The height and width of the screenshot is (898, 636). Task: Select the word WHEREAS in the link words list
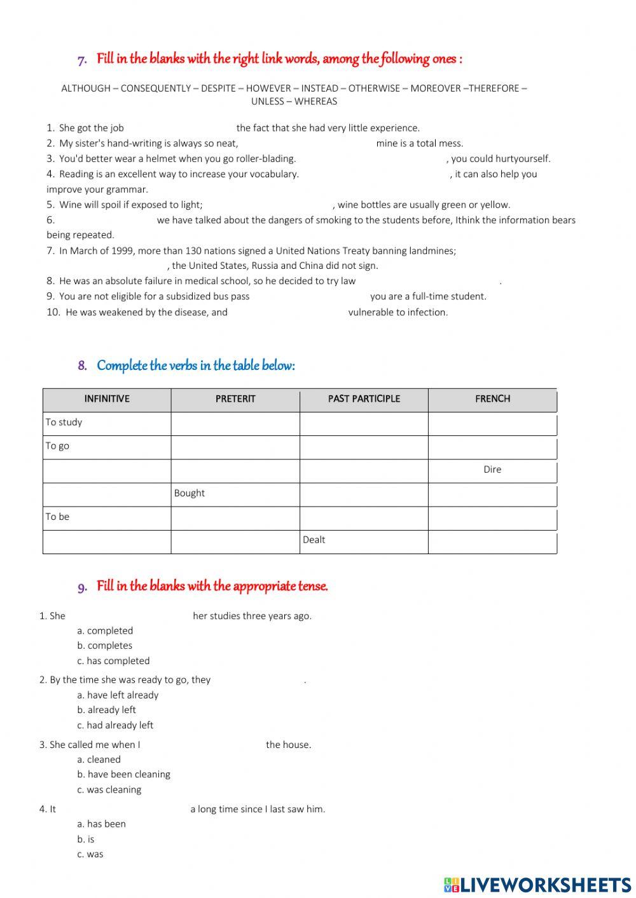(x=316, y=101)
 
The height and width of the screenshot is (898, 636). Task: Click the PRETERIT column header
(x=235, y=399)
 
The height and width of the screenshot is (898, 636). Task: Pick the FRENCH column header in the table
(x=492, y=399)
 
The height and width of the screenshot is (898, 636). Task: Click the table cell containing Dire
(x=492, y=470)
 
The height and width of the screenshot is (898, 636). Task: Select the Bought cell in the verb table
(x=190, y=493)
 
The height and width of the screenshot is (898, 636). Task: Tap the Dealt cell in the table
(x=314, y=540)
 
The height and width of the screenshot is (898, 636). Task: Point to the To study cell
(x=64, y=422)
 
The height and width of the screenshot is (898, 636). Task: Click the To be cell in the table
(x=57, y=517)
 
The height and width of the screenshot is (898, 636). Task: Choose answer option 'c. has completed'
(x=114, y=661)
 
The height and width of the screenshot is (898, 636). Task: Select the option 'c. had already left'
(x=115, y=725)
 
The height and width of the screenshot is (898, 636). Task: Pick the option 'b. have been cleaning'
(x=124, y=774)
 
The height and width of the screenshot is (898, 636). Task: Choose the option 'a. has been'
(x=102, y=824)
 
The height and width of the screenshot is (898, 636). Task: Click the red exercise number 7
(x=82, y=60)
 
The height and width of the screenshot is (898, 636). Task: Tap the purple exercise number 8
(x=82, y=366)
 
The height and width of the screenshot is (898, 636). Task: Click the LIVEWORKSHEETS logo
(x=537, y=885)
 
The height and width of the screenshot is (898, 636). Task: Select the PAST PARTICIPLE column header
(x=364, y=399)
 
